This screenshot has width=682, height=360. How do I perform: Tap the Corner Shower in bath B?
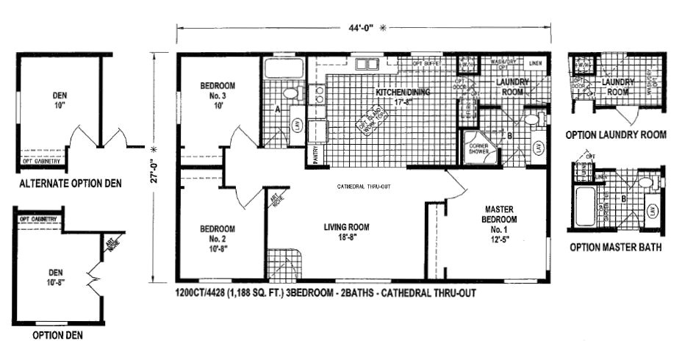(478, 148)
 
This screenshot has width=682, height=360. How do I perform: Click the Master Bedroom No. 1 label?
(499, 220)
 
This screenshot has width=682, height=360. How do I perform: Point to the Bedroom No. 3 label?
(218, 96)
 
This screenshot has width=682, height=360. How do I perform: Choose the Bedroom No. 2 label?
(218, 238)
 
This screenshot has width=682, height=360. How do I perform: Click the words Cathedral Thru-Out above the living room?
(364, 187)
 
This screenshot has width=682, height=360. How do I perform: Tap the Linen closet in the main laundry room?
(536, 63)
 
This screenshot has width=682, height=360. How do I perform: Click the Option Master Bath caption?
(615, 248)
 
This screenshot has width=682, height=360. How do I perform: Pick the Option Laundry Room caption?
(616, 134)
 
